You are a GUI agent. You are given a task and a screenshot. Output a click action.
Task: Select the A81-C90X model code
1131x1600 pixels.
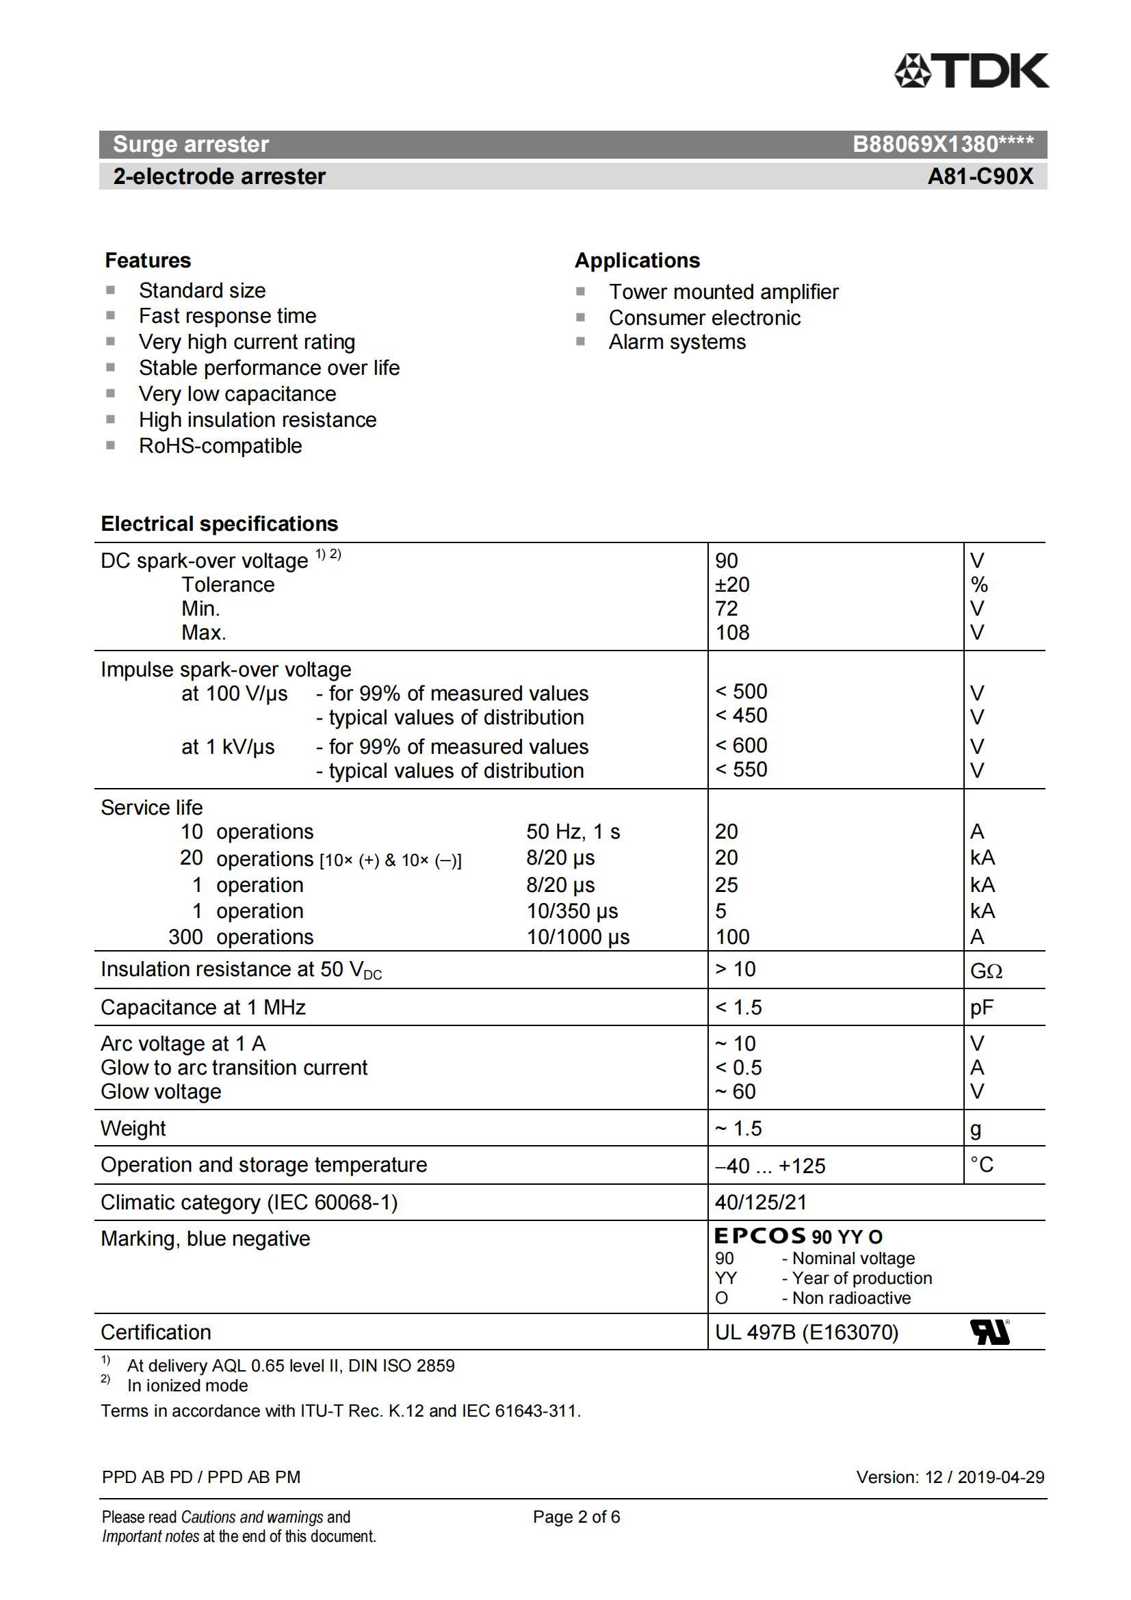click(x=980, y=176)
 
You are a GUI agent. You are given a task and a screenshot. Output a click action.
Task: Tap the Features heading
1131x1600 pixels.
click(x=148, y=261)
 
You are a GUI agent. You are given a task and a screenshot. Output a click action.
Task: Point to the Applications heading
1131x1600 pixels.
click(x=637, y=261)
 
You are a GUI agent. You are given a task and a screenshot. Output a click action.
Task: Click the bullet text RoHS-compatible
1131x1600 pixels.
click(x=220, y=446)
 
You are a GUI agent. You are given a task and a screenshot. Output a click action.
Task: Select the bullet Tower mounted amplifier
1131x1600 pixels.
click(x=723, y=292)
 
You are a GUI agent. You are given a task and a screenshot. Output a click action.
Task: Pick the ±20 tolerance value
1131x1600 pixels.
click(x=732, y=585)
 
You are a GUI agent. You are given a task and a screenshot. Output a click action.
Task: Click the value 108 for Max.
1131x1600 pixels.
click(x=732, y=633)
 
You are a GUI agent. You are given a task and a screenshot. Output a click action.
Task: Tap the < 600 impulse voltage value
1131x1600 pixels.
click(x=741, y=746)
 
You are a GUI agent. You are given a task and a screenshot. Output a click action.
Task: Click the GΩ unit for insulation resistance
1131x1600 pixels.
click(x=986, y=971)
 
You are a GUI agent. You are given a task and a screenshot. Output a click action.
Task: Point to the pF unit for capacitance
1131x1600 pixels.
click(x=982, y=1008)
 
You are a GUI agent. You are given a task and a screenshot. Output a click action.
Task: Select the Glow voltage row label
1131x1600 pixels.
click(x=161, y=1091)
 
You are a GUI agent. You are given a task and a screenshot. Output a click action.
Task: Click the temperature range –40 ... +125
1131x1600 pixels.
click(x=770, y=1166)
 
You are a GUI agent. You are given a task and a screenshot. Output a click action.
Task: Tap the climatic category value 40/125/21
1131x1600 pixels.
click(x=760, y=1202)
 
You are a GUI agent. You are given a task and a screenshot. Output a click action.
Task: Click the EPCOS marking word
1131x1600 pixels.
click(x=759, y=1236)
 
